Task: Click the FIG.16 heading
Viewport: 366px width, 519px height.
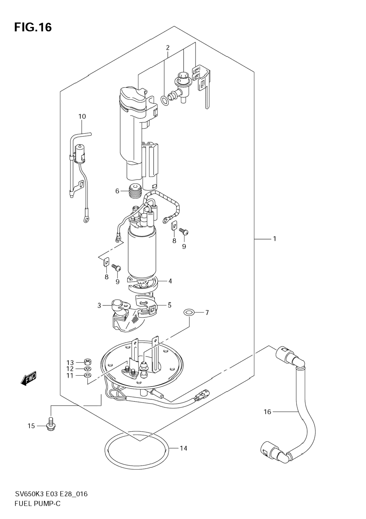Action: click(33, 27)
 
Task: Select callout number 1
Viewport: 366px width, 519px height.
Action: click(274, 239)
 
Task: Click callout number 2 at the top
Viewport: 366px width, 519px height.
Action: click(168, 47)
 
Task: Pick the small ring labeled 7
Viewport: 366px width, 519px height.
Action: click(188, 312)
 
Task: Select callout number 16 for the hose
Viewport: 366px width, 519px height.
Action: click(267, 412)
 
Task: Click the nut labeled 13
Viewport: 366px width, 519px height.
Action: click(87, 361)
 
